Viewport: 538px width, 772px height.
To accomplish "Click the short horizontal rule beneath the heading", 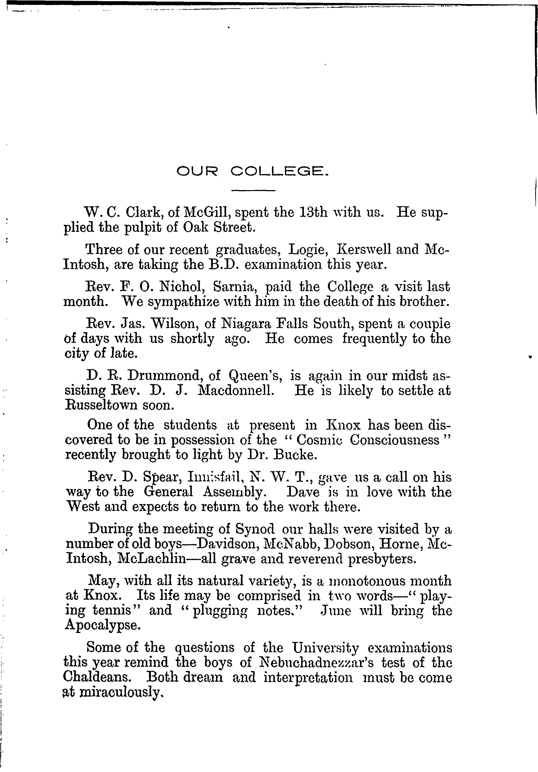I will [253, 191].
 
